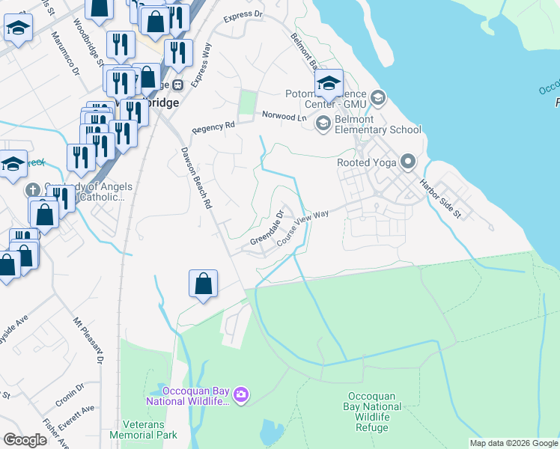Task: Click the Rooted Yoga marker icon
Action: [x=408, y=162]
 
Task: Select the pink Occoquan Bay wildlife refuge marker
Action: [x=240, y=394]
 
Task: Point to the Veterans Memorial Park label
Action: [x=143, y=429]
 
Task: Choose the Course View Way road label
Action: [x=303, y=228]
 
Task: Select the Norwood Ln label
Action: [x=284, y=116]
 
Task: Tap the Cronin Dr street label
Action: [x=70, y=391]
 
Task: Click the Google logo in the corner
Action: [x=25, y=440]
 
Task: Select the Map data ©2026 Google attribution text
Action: [x=513, y=443]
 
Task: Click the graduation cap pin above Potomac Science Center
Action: [x=329, y=83]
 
